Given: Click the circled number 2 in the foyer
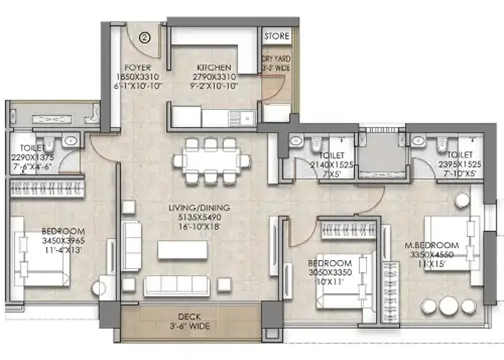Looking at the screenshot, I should pyautogui.click(x=144, y=38).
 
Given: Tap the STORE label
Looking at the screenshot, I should pyautogui.click(x=276, y=36).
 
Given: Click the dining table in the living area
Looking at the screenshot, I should pyautogui.click(x=210, y=161).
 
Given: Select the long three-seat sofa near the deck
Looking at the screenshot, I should pyautogui.click(x=177, y=285).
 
